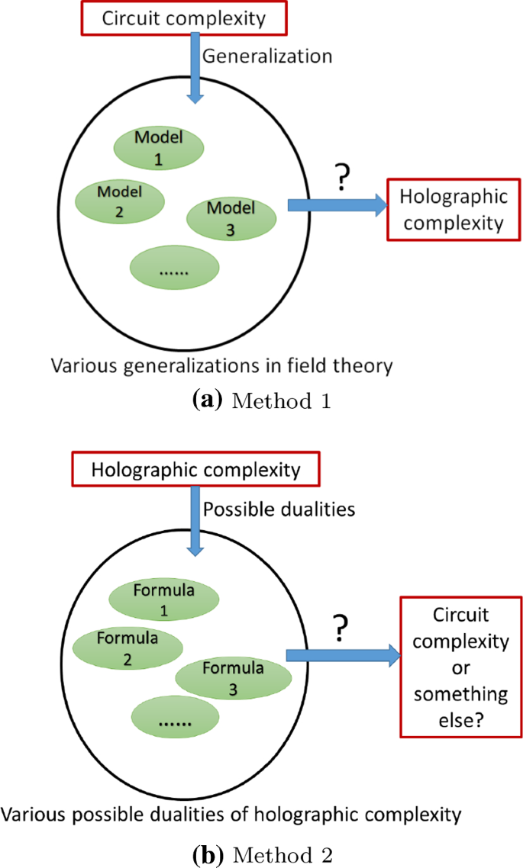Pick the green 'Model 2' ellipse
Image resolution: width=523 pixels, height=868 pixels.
(x=119, y=201)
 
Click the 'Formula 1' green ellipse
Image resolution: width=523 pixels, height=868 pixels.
(x=163, y=600)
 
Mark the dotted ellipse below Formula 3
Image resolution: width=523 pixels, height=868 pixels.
(x=175, y=719)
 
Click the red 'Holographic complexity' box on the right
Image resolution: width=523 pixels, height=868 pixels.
(x=454, y=210)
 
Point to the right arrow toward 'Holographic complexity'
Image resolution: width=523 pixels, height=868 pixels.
(x=336, y=205)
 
